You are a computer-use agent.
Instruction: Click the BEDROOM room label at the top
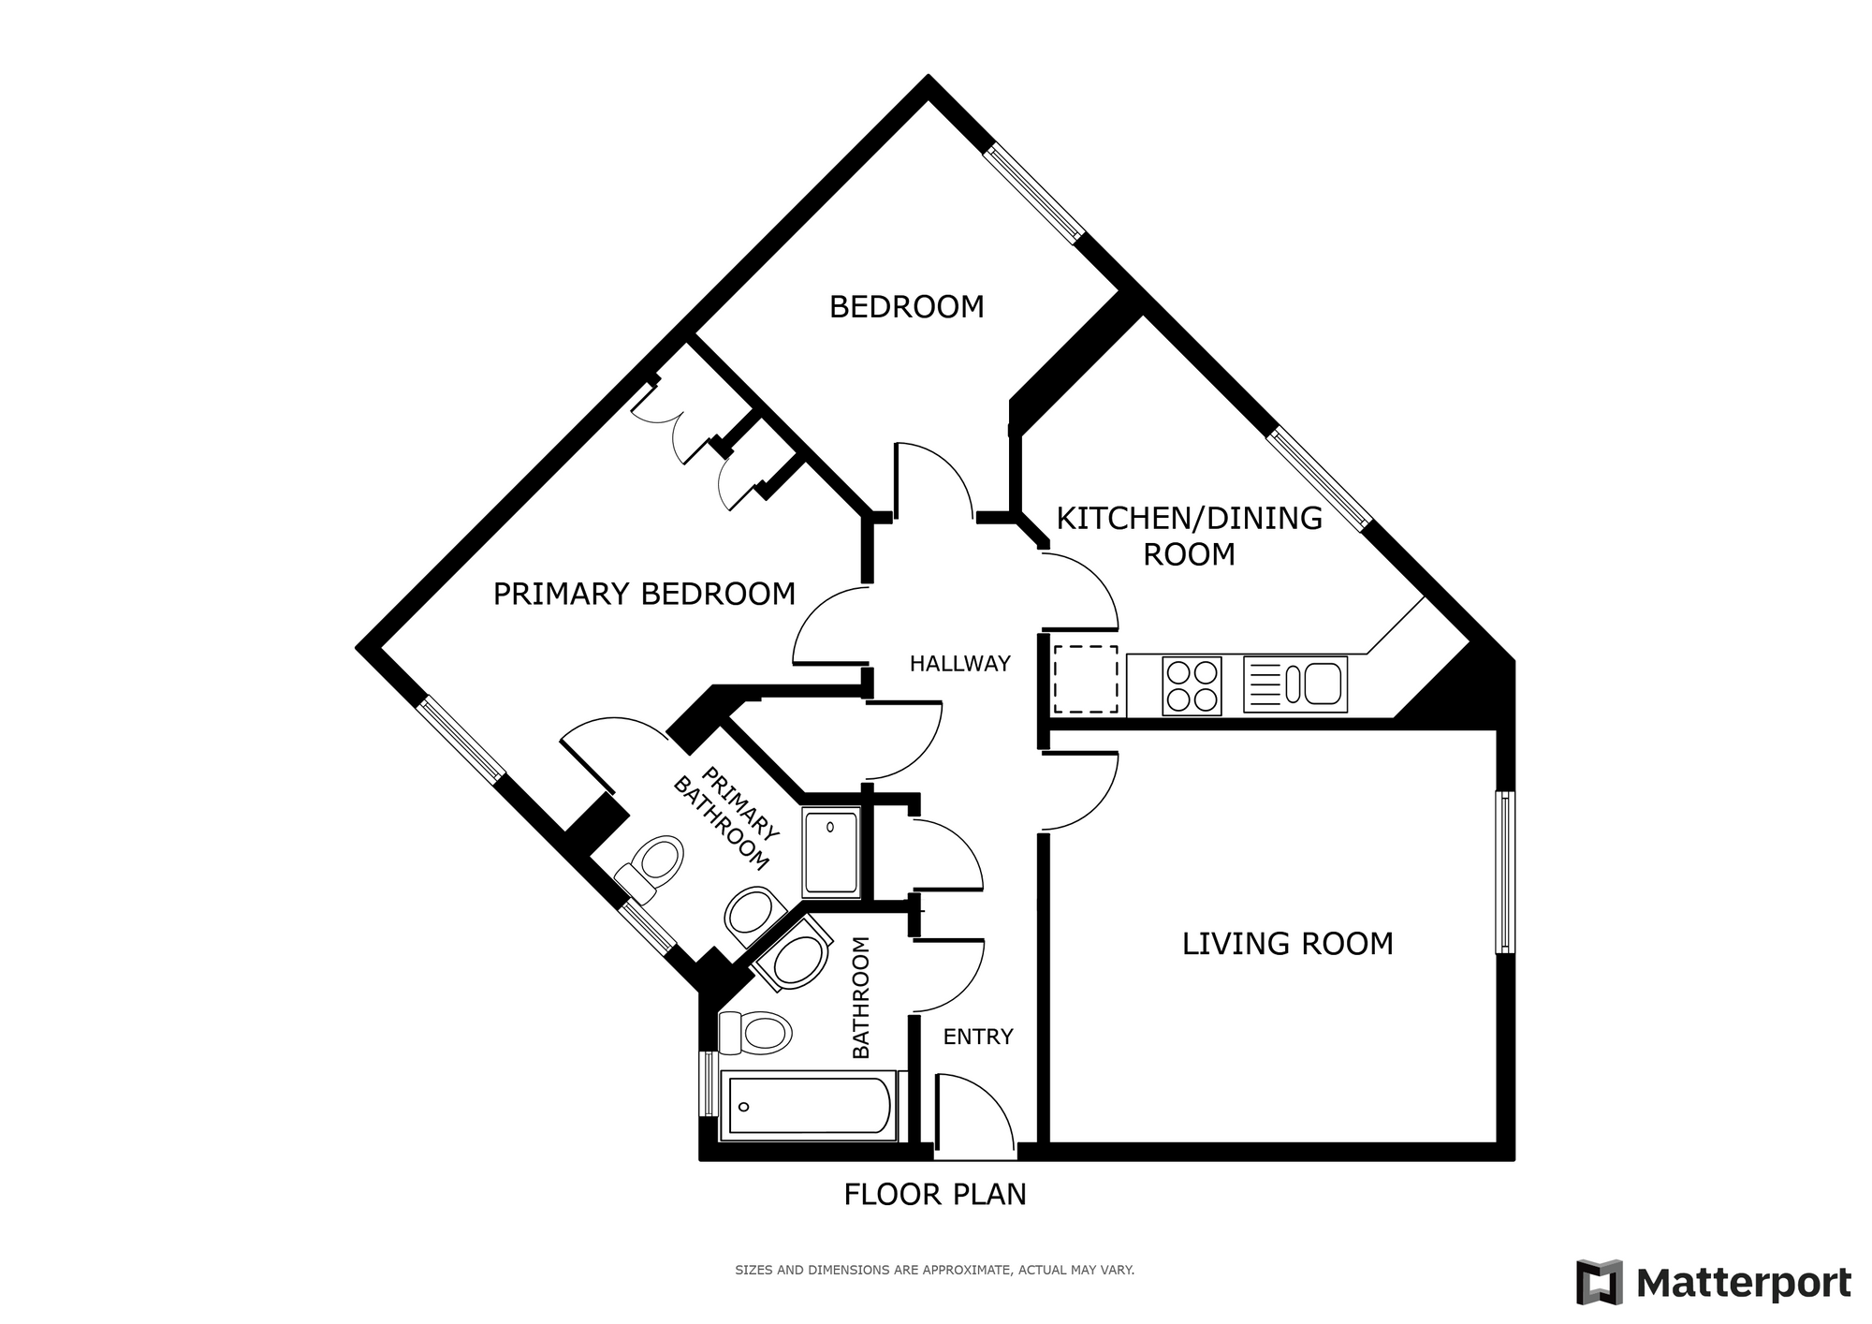tap(906, 307)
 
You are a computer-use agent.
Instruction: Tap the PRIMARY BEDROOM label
tap(644, 594)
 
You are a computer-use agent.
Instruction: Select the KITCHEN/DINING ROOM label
tap(1189, 536)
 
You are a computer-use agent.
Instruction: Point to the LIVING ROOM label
tap(1287, 943)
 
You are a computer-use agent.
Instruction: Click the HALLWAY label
tap(960, 664)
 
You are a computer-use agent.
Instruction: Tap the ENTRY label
tap(978, 1037)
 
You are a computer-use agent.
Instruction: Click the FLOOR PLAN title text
tap(935, 1195)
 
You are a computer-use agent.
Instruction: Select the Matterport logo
tap(1714, 1282)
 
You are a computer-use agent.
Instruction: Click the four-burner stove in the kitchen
tap(1192, 686)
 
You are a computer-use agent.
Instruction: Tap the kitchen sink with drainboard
tap(1295, 684)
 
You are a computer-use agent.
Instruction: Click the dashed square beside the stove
tap(1086, 679)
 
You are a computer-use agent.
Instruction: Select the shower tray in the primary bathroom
tap(830, 853)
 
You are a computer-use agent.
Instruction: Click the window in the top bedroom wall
tap(1033, 194)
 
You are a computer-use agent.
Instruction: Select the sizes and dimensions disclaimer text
tap(934, 1271)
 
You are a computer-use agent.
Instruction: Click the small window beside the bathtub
tap(709, 1083)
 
